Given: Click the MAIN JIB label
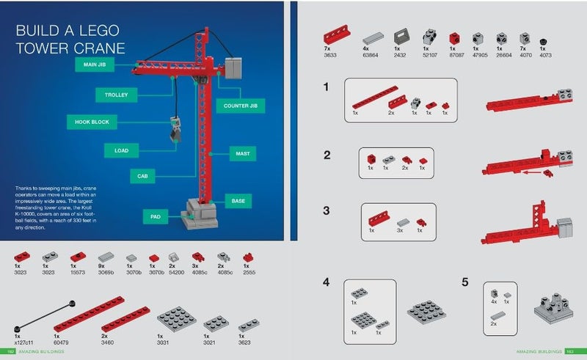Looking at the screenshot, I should coord(94,65).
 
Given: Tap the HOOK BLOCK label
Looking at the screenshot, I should coord(92,122).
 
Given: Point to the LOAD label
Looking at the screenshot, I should coord(120,150).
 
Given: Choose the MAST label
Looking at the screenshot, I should coord(240,154).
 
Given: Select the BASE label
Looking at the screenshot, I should coord(238,200).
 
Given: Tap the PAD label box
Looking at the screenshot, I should coord(156,217).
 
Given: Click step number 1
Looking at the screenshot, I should coord(326,87).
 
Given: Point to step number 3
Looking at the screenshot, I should coord(326,210).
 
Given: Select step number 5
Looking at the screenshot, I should coord(465,282).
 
